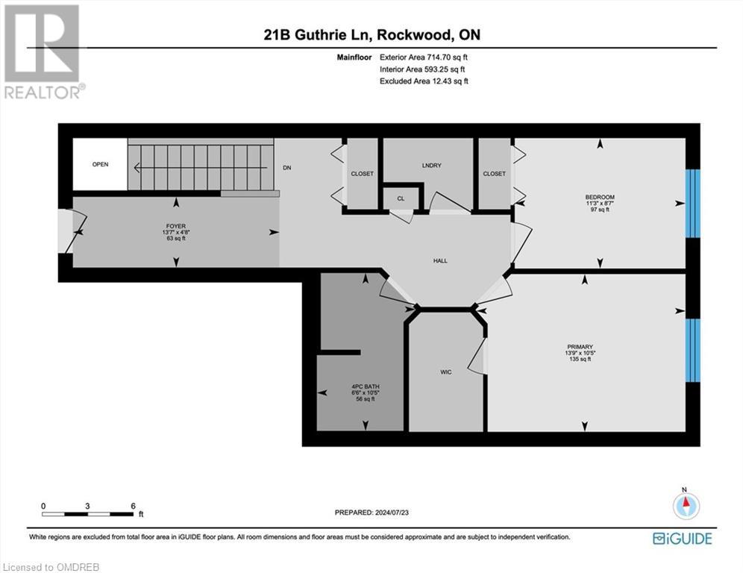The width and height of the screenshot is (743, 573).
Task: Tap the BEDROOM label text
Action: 600,197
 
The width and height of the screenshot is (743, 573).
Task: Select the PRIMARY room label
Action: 580,346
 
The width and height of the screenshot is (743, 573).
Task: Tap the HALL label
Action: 440,260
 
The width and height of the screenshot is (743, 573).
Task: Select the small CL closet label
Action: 400,198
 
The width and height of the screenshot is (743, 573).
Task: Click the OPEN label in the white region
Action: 100,164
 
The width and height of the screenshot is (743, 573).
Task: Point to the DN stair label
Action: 286,168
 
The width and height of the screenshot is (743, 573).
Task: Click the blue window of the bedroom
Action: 693,203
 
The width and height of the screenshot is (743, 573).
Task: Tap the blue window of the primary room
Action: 693,351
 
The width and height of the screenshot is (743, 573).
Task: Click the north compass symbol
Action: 686,507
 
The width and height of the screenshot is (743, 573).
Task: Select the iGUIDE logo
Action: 682,538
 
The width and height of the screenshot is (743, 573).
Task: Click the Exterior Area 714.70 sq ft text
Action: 424,56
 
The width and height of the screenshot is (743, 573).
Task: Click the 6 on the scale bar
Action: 133,506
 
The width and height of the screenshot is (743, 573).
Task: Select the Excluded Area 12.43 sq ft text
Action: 424,81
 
